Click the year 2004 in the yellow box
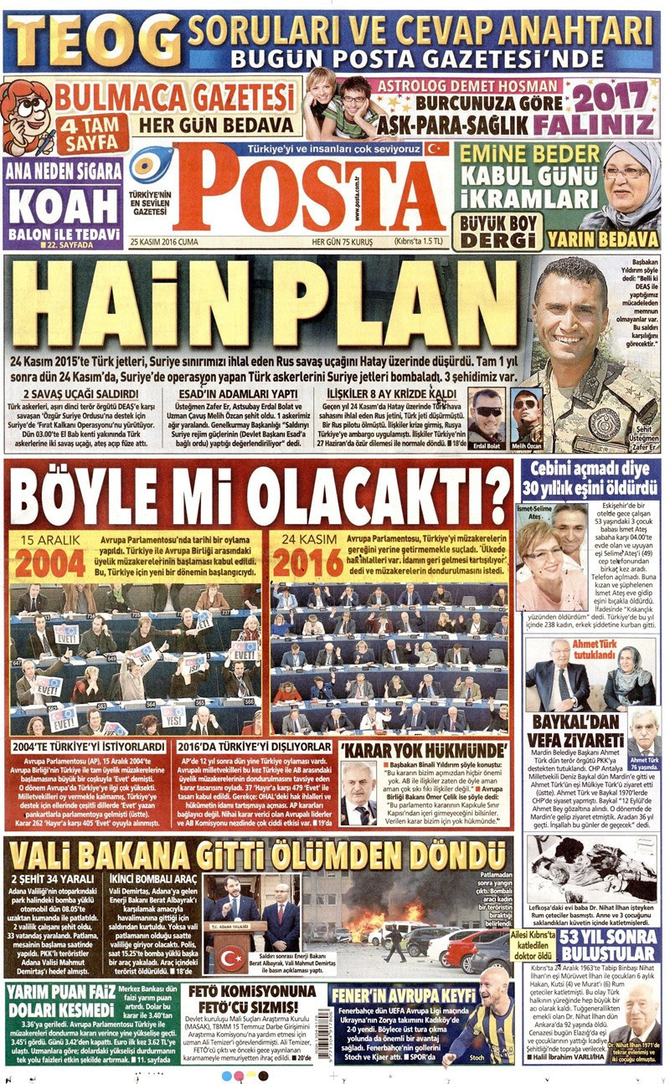coord(50,563)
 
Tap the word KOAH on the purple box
coord(63,204)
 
